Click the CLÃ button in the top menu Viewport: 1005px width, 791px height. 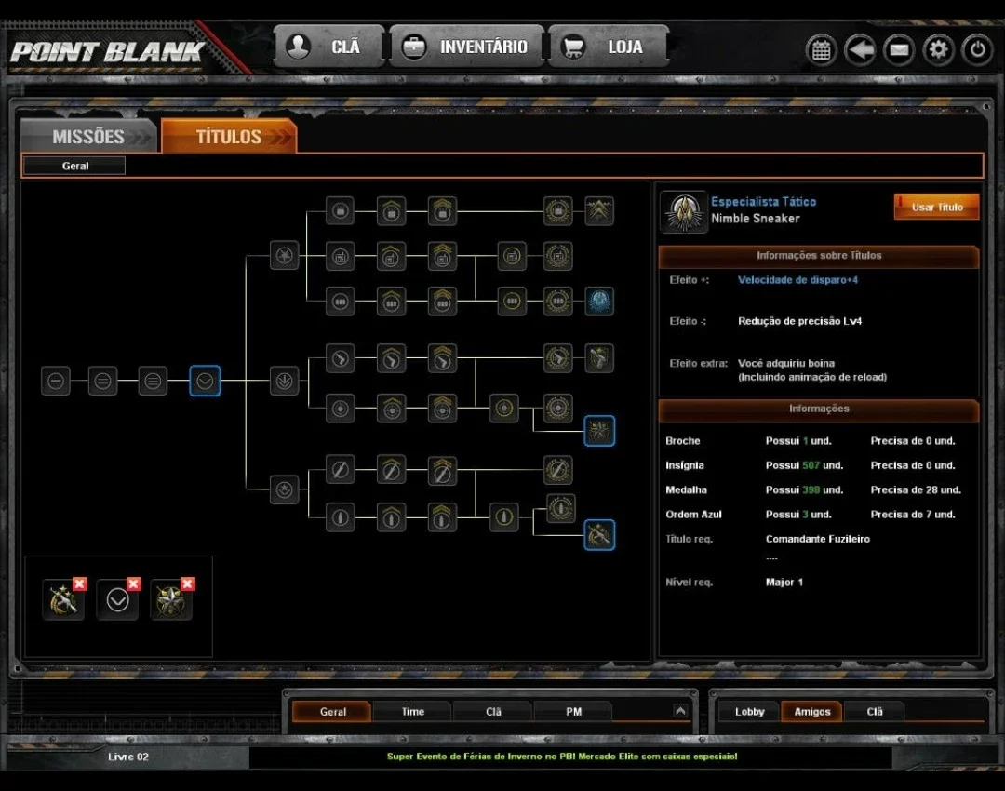click(x=328, y=47)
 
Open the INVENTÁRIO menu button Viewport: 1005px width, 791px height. click(x=466, y=47)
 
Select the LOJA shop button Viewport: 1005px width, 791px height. click(x=608, y=47)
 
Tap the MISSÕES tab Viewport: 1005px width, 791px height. click(x=89, y=136)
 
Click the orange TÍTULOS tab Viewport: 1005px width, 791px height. click(x=229, y=136)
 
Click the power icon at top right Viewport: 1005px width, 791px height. click(x=977, y=49)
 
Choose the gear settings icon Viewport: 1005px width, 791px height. click(x=938, y=49)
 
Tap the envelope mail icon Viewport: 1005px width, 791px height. click(x=899, y=49)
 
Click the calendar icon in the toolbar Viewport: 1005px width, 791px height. click(x=821, y=49)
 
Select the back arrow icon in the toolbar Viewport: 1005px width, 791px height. click(x=860, y=49)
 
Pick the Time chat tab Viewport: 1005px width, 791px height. click(x=413, y=712)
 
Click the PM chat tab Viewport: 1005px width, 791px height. click(x=573, y=712)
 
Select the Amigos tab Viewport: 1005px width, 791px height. click(x=812, y=712)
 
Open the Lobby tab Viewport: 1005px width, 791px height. click(x=749, y=712)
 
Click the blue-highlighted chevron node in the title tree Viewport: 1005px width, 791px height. click(x=205, y=381)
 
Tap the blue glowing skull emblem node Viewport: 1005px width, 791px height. click(x=599, y=301)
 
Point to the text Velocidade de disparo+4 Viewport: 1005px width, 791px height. click(x=797, y=279)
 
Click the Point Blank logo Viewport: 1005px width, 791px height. click(x=107, y=52)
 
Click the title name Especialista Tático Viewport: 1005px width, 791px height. click(x=763, y=201)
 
